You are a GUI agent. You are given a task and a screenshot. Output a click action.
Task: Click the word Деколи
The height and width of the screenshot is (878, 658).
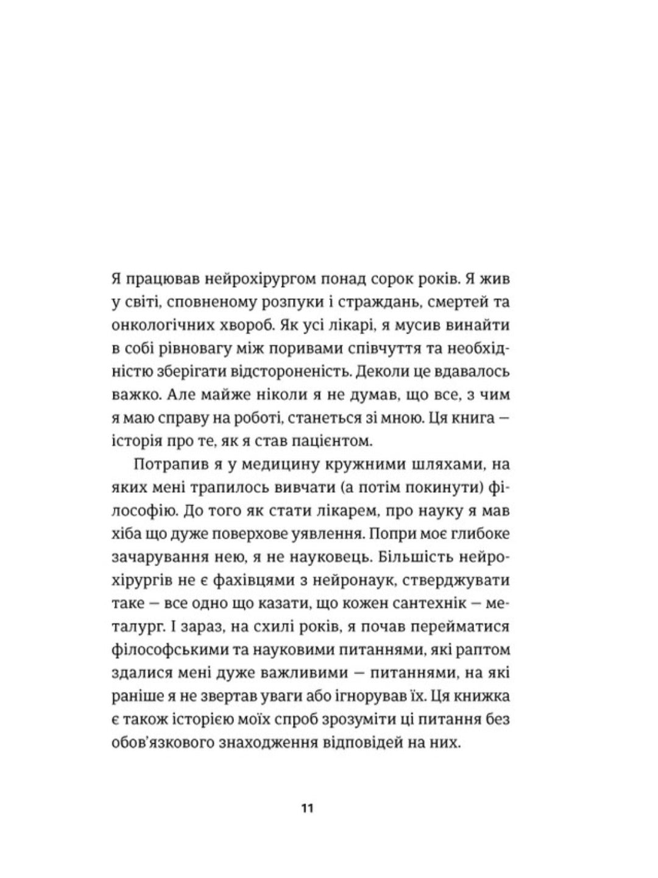coord(378,372)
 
